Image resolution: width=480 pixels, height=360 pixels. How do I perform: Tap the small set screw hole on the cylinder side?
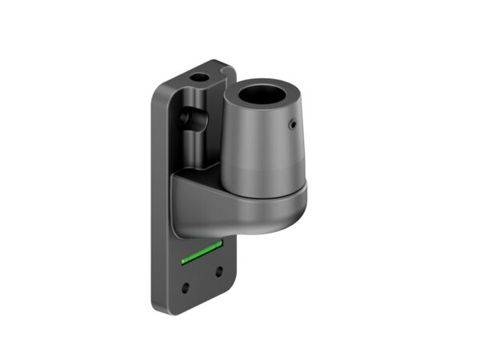click(x=294, y=124)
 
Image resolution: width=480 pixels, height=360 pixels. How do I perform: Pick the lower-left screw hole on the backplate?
click(x=186, y=286)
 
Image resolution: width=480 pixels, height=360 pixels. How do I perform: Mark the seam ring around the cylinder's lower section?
click(x=264, y=174)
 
